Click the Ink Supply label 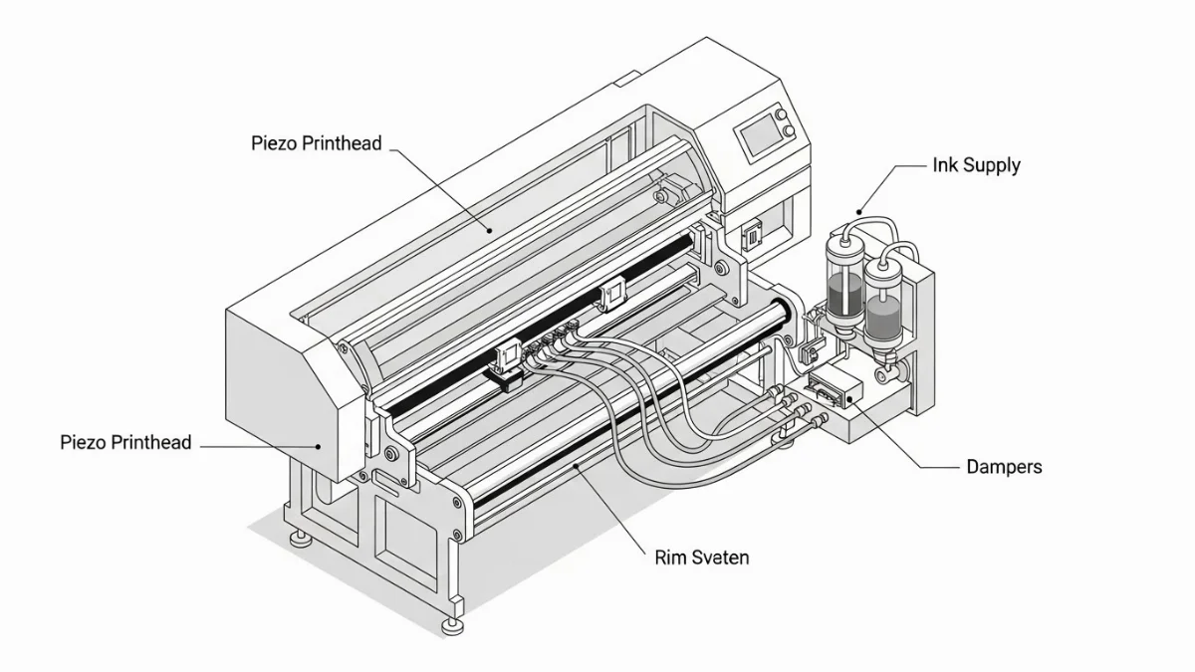(976, 165)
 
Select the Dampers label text (1004, 466)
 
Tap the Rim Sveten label (701, 558)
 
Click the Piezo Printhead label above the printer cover (316, 143)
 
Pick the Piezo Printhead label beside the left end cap (125, 442)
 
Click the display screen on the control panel (754, 137)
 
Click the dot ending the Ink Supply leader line (858, 213)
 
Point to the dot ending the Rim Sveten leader (576, 464)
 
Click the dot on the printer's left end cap (319, 447)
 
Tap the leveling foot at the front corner (453, 624)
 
